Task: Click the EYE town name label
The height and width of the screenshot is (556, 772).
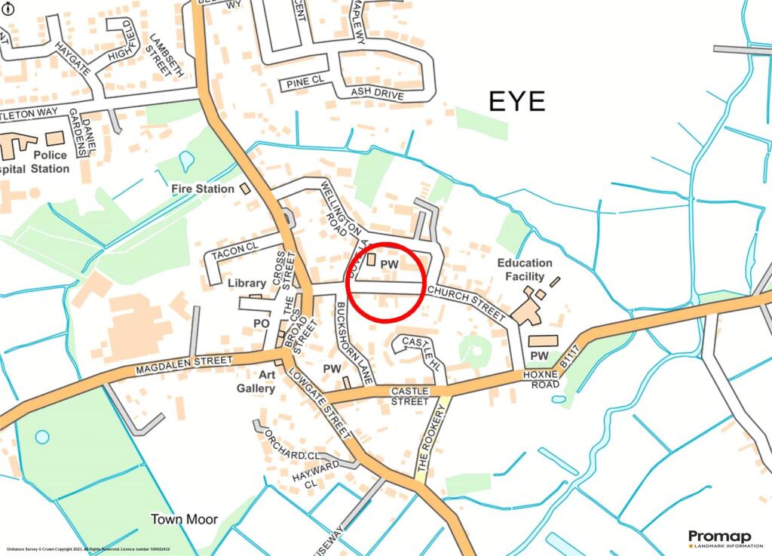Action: pos(516,101)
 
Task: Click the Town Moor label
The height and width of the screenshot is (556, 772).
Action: pos(184,519)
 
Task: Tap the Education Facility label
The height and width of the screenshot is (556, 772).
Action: pos(524,269)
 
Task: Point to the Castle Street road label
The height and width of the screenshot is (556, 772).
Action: pos(409,396)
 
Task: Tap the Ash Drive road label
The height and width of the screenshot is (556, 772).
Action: pos(378,94)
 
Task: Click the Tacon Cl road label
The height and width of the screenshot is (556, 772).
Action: pos(234,254)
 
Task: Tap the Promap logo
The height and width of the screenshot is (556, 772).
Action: pos(719,536)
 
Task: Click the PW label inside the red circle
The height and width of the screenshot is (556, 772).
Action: pos(389,263)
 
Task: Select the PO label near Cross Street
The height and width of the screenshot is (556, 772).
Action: pos(261,322)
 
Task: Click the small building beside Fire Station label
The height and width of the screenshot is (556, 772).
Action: pos(244,188)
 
